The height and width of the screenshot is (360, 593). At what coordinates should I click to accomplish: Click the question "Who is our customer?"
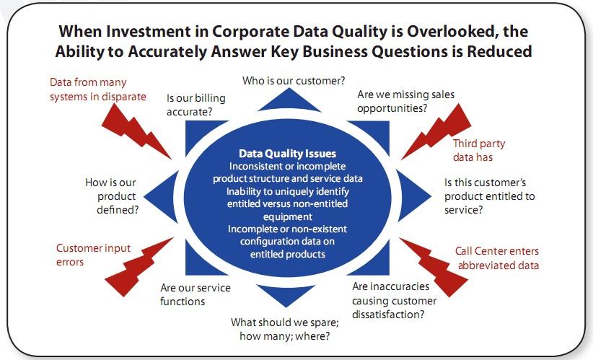pos(294,81)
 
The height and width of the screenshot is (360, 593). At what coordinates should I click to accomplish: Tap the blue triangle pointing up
pos(289,101)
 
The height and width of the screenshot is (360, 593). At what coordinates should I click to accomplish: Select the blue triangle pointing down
pos(286,295)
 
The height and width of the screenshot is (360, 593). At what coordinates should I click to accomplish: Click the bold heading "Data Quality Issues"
pos(287,154)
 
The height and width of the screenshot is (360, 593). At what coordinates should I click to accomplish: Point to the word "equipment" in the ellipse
pos(288,216)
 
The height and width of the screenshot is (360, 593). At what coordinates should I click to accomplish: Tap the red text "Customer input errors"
pos(93,255)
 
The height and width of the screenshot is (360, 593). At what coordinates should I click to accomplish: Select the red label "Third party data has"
pos(479,150)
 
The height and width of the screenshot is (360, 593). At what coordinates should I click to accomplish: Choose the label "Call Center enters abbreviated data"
pos(497,258)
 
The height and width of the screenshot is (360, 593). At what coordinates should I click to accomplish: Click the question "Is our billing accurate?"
pos(196,105)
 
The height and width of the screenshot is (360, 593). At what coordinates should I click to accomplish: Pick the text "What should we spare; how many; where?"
pos(285,329)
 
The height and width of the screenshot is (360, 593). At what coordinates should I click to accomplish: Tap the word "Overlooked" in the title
pos(451,31)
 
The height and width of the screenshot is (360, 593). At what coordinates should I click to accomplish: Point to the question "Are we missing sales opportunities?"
pos(406,101)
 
